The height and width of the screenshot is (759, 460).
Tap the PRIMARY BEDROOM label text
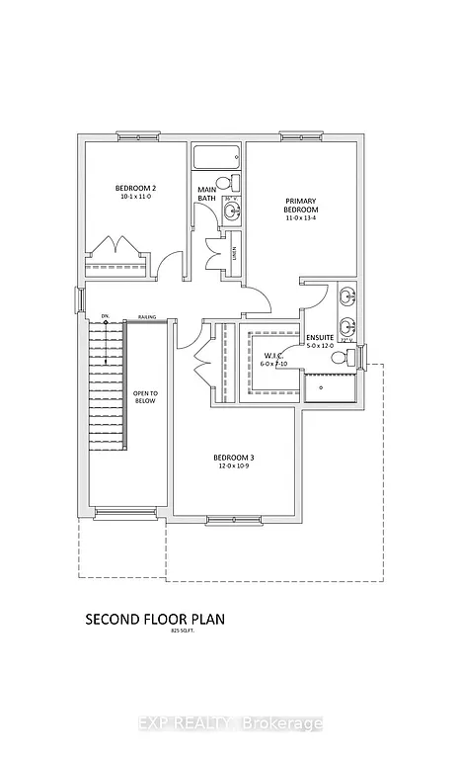pos(302,204)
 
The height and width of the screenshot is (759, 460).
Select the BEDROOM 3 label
pos(234,458)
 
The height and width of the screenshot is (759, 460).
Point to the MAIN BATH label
pos(206,194)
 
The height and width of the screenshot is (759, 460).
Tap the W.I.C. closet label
pos(272,355)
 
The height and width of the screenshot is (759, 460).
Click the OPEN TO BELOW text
pos(146,399)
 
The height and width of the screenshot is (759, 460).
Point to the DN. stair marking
pos(104,316)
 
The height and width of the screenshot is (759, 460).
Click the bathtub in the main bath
pos(216,157)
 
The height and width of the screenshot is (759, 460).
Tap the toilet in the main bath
pos(225,184)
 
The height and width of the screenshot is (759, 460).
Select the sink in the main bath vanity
pos(230,211)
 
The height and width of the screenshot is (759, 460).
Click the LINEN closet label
pos(234,254)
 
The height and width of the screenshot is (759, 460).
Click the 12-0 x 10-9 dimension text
pos(234,467)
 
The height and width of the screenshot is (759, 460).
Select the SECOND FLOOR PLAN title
pos(155,620)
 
